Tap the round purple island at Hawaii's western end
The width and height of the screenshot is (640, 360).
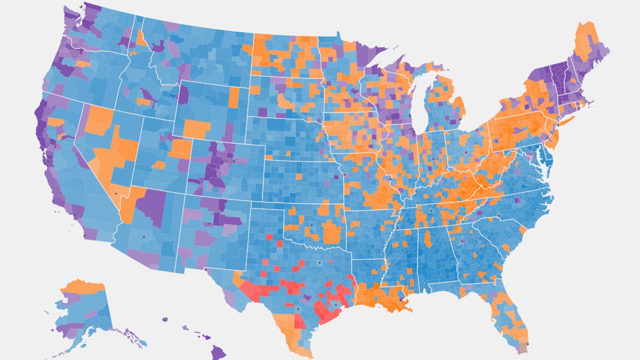point(164,320)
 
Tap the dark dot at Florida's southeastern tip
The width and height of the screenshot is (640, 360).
point(527,345)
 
